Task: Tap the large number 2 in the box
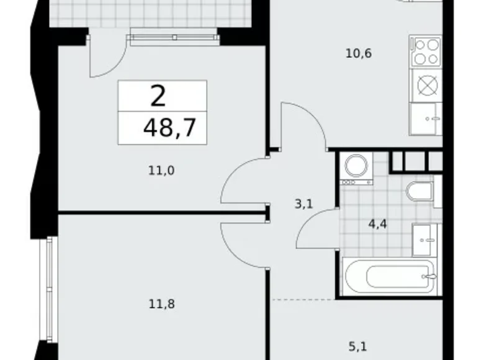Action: coord(158,97)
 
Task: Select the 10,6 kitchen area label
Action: coord(358,53)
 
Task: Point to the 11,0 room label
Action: coord(161,169)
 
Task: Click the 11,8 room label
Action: coord(161,304)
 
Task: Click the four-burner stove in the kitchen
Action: coord(426,52)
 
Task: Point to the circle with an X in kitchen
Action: coord(426,84)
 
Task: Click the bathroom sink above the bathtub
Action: coord(424,240)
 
